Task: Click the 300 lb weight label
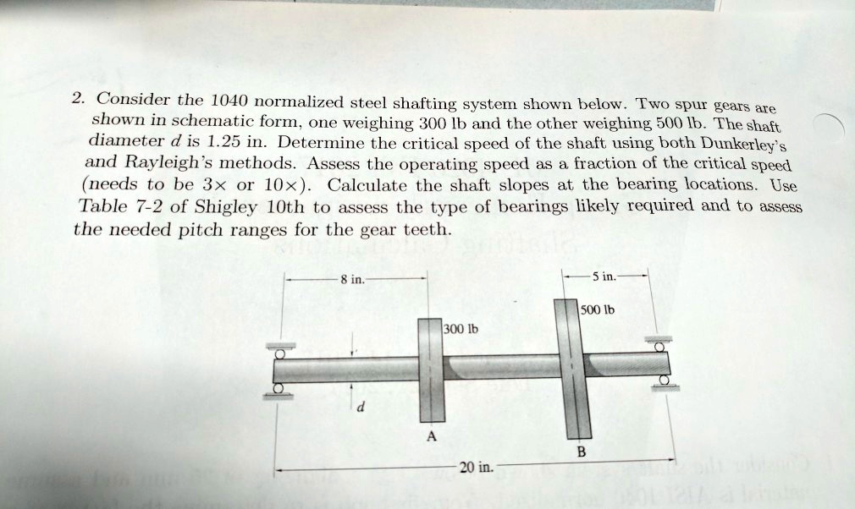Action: [461, 328]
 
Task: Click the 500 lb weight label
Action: [598, 309]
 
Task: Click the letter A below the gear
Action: [431, 437]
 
